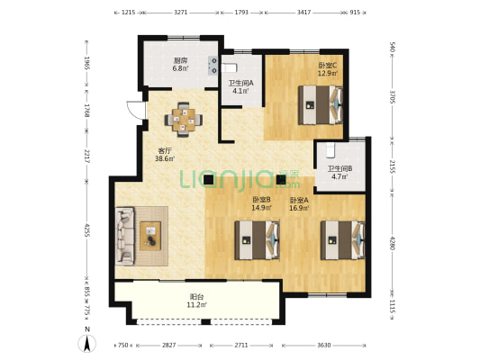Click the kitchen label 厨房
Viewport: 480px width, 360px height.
(181, 60)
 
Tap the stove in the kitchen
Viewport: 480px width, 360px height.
(213, 66)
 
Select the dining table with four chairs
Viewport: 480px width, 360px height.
(184, 120)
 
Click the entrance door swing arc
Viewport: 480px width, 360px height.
(131, 110)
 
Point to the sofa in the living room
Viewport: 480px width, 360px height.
(125, 236)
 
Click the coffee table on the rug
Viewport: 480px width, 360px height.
(150, 236)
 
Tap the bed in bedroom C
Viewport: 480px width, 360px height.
(321, 105)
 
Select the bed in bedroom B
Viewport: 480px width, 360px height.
(258, 240)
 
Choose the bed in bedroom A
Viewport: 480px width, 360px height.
(343, 240)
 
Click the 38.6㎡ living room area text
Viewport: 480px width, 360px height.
(165, 158)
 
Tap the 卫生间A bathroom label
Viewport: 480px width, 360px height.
(241, 83)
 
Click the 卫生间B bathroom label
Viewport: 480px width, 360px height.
(340, 168)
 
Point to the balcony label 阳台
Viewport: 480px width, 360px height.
(196, 297)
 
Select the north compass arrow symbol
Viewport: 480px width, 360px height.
(87, 344)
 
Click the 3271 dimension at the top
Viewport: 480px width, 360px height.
(181, 13)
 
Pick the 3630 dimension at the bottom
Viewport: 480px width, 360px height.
(323, 346)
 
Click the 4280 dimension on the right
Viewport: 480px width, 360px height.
(393, 242)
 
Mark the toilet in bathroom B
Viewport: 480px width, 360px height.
(330, 150)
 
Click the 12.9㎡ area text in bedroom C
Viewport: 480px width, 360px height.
(328, 74)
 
